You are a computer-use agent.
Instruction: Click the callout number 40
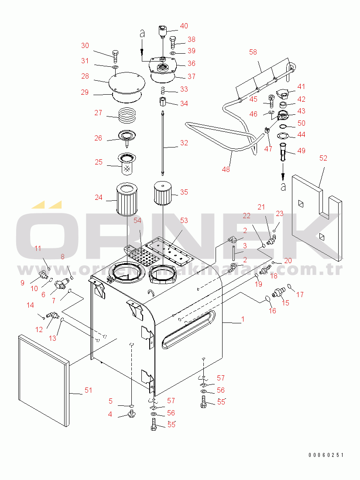(184, 26)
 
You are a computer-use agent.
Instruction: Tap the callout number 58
(253, 52)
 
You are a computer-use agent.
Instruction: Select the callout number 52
(323, 158)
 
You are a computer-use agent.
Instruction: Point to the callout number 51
(88, 390)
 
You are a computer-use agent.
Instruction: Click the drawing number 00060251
(326, 455)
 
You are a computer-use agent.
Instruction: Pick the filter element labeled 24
(127, 199)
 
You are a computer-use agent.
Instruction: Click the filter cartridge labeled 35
(163, 193)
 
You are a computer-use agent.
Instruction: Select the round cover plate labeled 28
(127, 82)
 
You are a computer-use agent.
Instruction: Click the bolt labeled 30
(116, 56)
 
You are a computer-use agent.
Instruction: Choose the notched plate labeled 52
(317, 218)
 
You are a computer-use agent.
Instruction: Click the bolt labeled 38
(172, 42)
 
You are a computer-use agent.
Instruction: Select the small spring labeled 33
(163, 91)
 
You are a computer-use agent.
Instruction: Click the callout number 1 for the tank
(243, 319)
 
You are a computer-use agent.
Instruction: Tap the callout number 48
(226, 169)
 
